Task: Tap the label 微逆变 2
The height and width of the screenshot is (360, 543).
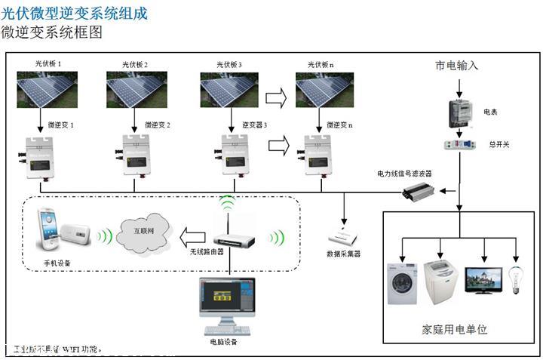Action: [157, 124]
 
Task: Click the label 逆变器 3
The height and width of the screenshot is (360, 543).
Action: [255, 124]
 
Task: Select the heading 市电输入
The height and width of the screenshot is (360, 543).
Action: [457, 66]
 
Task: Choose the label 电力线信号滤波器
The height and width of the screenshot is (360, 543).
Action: [405, 174]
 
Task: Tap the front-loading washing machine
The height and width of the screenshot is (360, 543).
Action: [402, 283]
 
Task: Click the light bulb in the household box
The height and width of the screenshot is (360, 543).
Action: [517, 278]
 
